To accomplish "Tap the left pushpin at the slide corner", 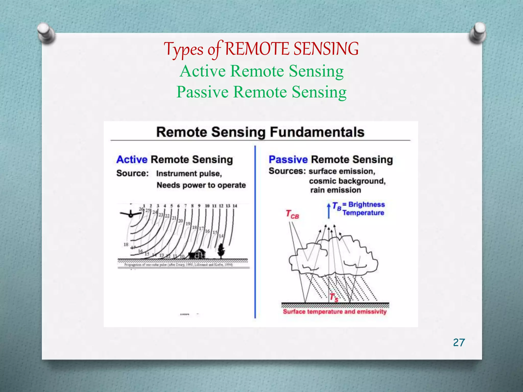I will tap(46, 33).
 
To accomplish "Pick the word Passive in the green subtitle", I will tap(202, 92).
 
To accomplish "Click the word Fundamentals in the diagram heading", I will tap(317, 132).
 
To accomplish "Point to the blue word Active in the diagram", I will tap(132, 160).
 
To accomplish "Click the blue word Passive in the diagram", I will tap(288, 160).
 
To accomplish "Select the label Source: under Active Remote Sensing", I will tap(133, 173).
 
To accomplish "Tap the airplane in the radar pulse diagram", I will tap(130, 214).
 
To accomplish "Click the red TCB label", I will tap(292, 214).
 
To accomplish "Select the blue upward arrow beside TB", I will tap(329, 211).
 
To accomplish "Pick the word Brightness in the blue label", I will tap(366, 204).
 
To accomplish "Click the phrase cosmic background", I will tap(347, 181).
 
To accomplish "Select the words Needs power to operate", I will tap(201, 185).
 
